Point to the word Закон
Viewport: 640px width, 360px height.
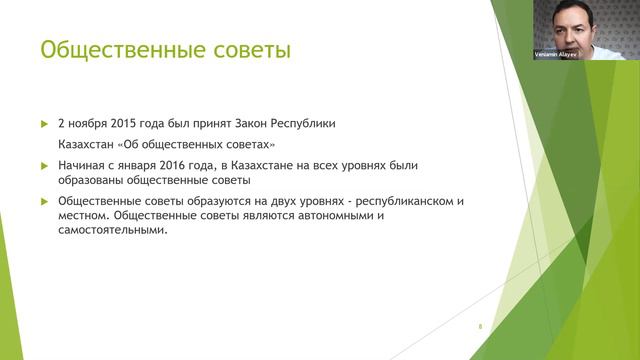(258, 124)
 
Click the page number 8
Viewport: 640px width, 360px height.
(480, 327)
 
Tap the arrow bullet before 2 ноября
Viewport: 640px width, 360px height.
(44, 124)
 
